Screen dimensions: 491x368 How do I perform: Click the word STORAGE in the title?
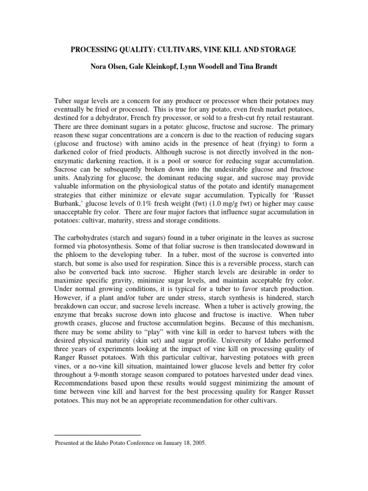[278, 49]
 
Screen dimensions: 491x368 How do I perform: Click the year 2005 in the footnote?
[197, 444]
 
